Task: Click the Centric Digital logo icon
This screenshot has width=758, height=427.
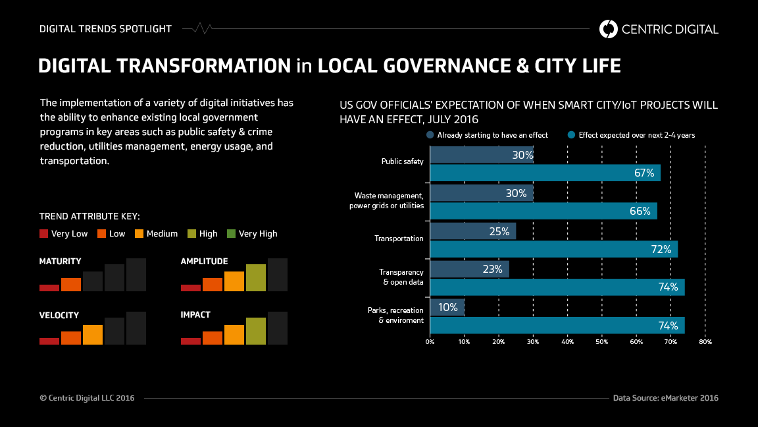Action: (x=609, y=29)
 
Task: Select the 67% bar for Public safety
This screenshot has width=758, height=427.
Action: (x=545, y=173)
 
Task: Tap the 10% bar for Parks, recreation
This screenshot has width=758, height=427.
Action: (x=447, y=307)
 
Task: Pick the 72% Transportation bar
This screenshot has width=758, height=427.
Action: (x=553, y=249)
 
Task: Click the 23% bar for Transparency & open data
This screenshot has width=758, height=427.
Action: (x=469, y=269)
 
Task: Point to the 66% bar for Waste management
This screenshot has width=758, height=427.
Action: (x=543, y=211)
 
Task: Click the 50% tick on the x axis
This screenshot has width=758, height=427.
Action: (x=601, y=342)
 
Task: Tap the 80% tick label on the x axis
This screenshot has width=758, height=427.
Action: (x=705, y=342)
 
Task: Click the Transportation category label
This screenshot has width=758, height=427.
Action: (x=399, y=239)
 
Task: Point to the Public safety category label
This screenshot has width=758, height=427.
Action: (x=402, y=161)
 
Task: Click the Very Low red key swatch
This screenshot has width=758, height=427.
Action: (x=44, y=233)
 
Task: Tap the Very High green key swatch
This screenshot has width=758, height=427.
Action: (x=231, y=233)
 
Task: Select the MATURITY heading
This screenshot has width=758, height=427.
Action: (x=61, y=262)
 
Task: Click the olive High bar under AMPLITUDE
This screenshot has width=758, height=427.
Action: (x=257, y=277)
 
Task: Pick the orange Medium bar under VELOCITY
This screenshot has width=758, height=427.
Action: (x=93, y=335)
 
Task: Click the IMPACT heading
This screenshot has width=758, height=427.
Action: (x=195, y=315)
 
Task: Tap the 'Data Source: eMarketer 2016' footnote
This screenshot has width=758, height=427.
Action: (x=665, y=398)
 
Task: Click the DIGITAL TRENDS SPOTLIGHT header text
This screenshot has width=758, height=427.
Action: (x=105, y=29)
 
